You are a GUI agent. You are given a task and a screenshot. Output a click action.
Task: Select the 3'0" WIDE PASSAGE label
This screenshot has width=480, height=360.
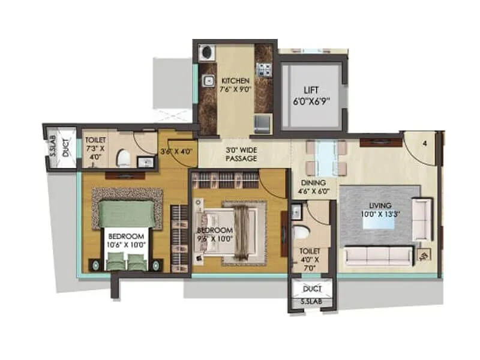click(242, 154)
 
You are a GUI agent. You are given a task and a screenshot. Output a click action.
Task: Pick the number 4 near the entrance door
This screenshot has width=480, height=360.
click(424, 143)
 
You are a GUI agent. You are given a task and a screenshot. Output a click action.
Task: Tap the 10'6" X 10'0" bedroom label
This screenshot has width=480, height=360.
click(127, 240)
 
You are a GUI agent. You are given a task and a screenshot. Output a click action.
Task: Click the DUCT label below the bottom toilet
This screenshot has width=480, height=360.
click(311, 289)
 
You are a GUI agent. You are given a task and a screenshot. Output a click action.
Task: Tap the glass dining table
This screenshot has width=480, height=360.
click(325, 157)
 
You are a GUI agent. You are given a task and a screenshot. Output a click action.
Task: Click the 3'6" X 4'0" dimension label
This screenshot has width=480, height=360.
click(176, 151)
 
